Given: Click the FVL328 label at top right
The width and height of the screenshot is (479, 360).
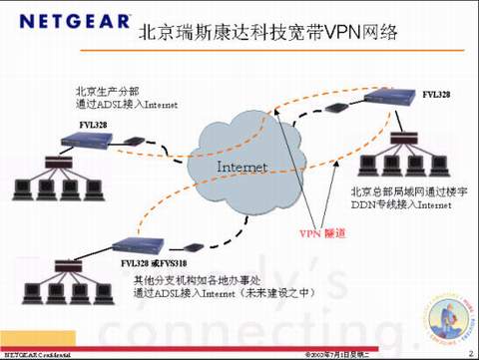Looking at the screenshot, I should coord(435,94).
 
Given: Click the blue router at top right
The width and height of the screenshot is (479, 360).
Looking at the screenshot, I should coord(390,98).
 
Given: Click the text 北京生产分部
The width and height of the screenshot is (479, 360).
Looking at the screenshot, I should coord(101,90).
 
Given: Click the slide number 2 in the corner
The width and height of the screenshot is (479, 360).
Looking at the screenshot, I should coord(470,353).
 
